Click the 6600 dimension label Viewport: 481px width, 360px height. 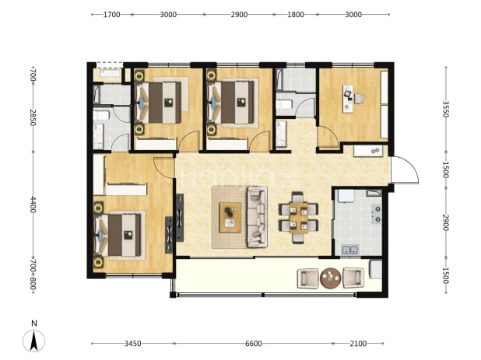coord(254,344)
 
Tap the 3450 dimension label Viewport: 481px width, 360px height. coord(133,344)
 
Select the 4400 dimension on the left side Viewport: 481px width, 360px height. coord(33,204)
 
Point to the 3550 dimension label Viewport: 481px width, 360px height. coord(445,109)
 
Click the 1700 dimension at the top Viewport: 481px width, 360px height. coord(111,15)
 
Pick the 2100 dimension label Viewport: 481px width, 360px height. coord(358,344)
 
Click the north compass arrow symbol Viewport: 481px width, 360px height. coord(33,341)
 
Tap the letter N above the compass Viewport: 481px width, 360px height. coord(34,323)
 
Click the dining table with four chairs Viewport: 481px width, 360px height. coord(298,218)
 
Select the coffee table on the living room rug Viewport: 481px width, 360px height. coord(230,218)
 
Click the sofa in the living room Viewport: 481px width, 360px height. coord(257,217)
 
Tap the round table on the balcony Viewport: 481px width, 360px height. coord(330,278)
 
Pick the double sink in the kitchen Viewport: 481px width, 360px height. coord(350,250)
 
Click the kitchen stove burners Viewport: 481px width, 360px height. coord(377,214)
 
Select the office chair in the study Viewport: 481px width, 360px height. coord(360,99)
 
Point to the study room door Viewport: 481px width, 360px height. coord(328,137)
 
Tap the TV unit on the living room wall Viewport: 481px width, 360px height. coord(180,218)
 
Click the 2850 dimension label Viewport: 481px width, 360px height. coord(33,117)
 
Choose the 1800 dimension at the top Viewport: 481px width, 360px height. coord(296,15)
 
